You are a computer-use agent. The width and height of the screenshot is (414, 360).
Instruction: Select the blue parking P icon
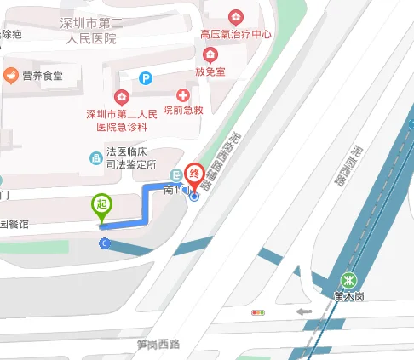(146, 78)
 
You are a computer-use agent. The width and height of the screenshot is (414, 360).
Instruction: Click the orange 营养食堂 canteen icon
(11, 77)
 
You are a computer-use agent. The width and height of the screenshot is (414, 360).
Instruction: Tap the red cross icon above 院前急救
(182, 95)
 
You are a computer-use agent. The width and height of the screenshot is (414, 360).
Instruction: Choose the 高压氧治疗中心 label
(236, 35)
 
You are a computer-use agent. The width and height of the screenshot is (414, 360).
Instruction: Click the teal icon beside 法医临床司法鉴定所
(96, 157)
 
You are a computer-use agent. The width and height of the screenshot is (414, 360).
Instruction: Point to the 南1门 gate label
(175, 191)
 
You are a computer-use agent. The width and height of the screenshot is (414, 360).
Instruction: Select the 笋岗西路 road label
(158, 345)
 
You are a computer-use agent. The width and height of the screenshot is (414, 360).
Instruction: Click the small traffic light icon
(257, 313)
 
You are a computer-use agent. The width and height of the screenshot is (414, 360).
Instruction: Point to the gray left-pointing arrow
(303, 311)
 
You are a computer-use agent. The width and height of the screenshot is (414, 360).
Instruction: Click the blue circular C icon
(105, 244)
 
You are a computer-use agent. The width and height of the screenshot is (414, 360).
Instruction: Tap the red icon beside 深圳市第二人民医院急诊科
(121, 97)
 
